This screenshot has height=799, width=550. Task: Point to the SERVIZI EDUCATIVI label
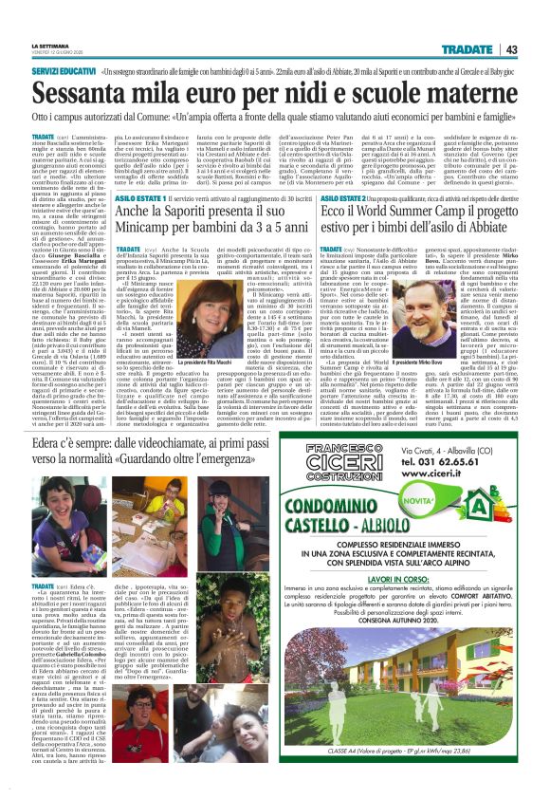point(63,70)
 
